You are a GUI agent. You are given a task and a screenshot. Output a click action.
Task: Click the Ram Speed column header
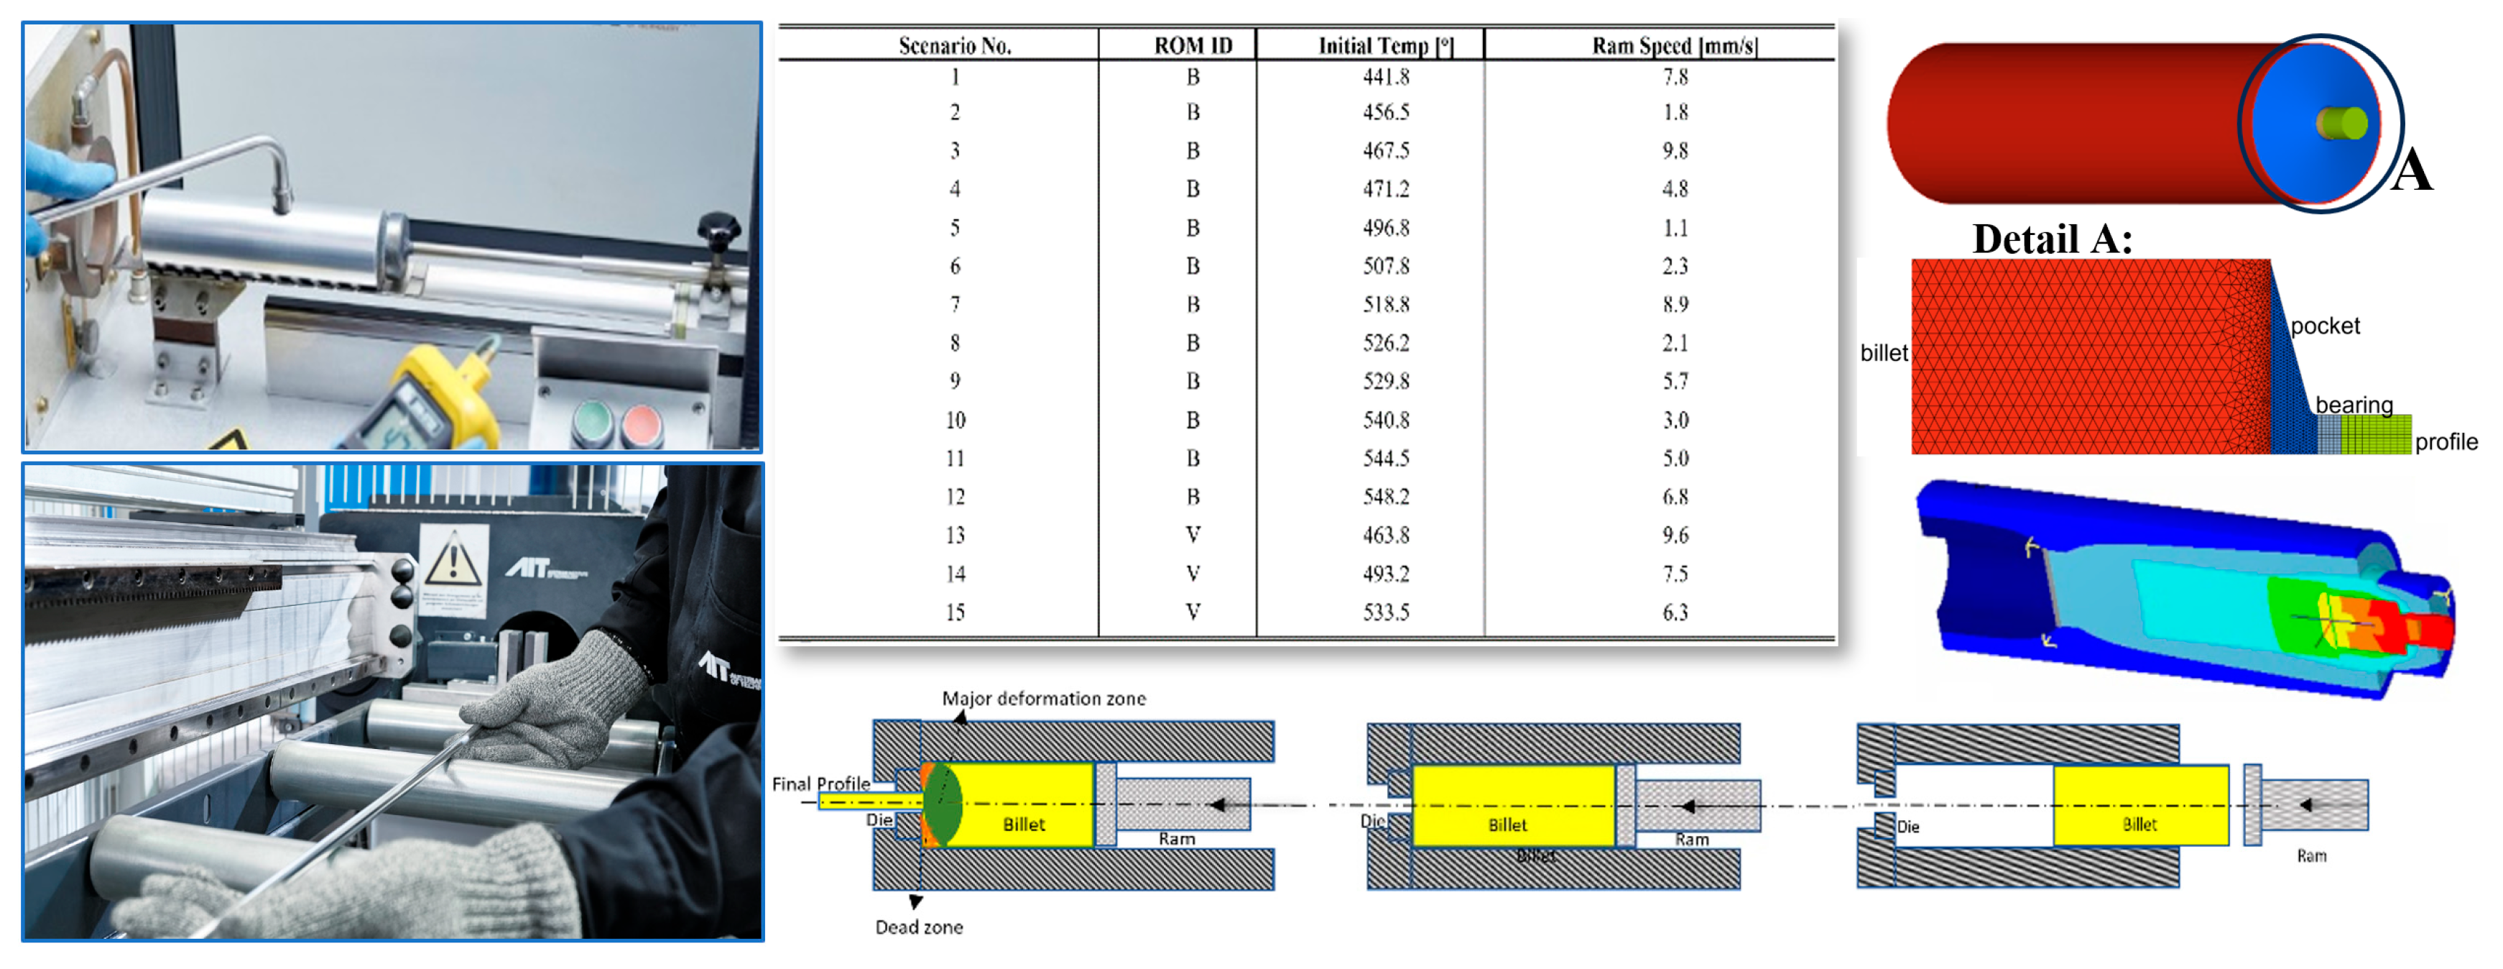[x=1674, y=46]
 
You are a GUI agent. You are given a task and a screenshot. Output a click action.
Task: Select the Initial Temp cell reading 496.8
[x=1386, y=227]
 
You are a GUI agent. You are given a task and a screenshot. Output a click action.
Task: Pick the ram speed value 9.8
[x=1675, y=151]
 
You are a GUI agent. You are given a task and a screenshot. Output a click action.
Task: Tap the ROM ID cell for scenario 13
[x=1193, y=535]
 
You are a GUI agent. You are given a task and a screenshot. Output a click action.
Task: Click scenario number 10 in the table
[x=955, y=420]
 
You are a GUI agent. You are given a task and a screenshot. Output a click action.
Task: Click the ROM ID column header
[x=1193, y=46]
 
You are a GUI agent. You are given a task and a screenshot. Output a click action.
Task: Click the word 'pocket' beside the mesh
[x=2324, y=326]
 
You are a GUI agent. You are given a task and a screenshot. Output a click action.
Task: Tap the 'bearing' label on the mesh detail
[x=2354, y=404]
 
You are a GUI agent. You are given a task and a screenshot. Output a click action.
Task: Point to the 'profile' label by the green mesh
[x=2446, y=442]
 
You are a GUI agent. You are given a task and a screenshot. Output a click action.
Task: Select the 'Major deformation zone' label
[x=1044, y=699]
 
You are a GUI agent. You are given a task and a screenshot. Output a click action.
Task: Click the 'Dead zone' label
[x=919, y=927]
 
